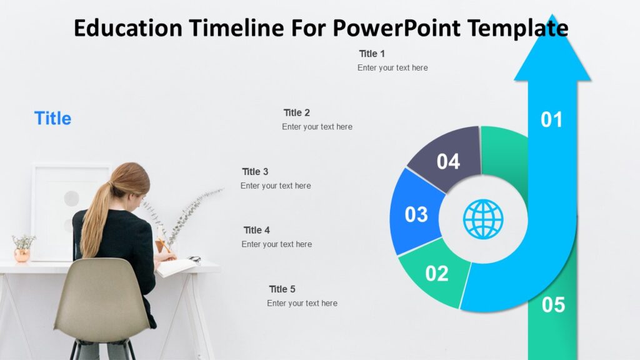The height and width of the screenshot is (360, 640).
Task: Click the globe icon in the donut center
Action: tap(483, 219)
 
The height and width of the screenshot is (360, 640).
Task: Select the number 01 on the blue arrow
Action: tap(552, 119)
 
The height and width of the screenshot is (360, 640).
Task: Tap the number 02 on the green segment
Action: tap(437, 274)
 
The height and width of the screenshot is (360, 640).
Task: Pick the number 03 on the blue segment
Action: tap(416, 214)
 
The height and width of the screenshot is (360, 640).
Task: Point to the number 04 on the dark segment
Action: tap(448, 162)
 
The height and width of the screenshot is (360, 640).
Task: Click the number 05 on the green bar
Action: tap(553, 305)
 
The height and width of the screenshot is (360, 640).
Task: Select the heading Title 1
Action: tap(372, 54)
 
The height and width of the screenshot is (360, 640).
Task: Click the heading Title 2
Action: tap(297, 113)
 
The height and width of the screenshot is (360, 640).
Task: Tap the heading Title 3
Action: tap(255, 172)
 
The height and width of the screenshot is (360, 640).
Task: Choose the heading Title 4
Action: tap(257, 230)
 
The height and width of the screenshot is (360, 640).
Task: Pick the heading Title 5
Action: tap(282, 289)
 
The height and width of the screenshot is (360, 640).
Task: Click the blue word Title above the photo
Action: tap(52, 118)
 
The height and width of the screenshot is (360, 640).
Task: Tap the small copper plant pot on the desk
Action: tap(22, 255)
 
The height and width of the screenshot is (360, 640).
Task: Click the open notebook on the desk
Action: tap(176, 267)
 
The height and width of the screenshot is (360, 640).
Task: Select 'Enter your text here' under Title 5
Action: tap(302, 303)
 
